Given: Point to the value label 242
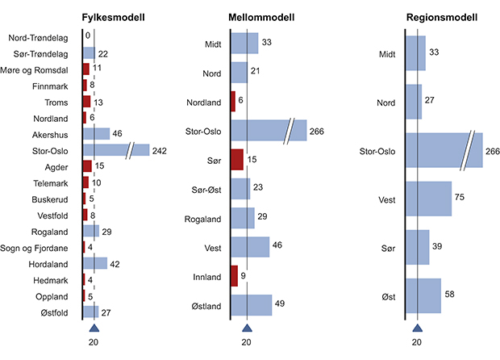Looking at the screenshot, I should [160, 150].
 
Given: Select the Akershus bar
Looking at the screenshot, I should [96, 133].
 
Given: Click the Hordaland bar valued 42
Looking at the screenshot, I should [94, 263].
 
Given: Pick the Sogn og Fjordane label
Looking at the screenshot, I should [40, 247].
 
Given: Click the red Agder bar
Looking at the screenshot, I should [87, 166].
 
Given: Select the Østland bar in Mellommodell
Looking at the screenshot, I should [252, 305].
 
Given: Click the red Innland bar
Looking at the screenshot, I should [235, 276].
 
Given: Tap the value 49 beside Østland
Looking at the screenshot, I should [281, 303].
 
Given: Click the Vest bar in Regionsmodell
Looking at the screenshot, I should [428, 199].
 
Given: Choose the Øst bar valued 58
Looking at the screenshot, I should [423, 295].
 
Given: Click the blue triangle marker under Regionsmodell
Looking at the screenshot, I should [417, 328].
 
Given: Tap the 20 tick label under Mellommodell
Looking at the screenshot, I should [247, 342].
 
